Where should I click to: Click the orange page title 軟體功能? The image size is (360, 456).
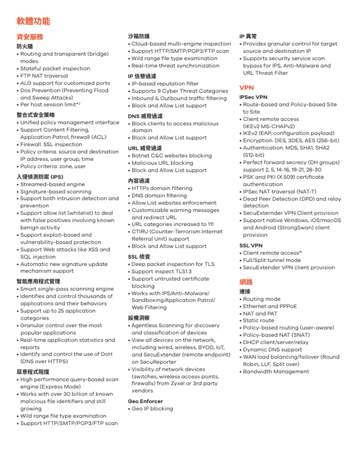tap(33, 21)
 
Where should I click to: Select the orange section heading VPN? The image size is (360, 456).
tap(247, 88)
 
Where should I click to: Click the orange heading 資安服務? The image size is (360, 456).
tap(30, 37)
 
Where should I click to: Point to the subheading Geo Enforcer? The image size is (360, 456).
tap(145, 401)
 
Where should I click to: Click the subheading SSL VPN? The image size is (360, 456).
tap(251, 246)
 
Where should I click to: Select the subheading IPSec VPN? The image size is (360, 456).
tap(253, 97)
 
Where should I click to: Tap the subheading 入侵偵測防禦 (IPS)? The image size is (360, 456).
tap(40, 177)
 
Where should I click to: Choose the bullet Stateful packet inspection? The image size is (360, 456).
tap(55, 69)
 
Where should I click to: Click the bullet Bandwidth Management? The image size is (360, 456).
tap(276, 372)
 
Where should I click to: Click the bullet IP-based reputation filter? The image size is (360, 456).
tap(165, 84)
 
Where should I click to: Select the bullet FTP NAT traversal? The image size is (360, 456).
tap(44, 76)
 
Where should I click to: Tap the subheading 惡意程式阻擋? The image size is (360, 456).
tap(33, 372)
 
